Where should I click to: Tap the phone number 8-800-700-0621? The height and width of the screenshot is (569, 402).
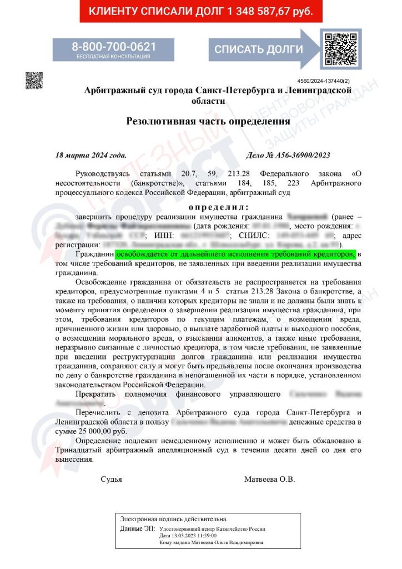tap(113, 47)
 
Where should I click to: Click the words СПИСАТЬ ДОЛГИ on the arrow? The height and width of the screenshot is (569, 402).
tap(259, 49)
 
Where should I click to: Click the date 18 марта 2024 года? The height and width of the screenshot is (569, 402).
tap(91, 155)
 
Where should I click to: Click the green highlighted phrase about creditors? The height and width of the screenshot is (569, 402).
tap(235, 253)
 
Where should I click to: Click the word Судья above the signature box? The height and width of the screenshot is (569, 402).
tap(111, 478)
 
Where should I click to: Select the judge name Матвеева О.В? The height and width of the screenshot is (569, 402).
tap(269, 478)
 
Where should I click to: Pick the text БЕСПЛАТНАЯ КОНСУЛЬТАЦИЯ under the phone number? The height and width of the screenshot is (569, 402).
tap(113, 57)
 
